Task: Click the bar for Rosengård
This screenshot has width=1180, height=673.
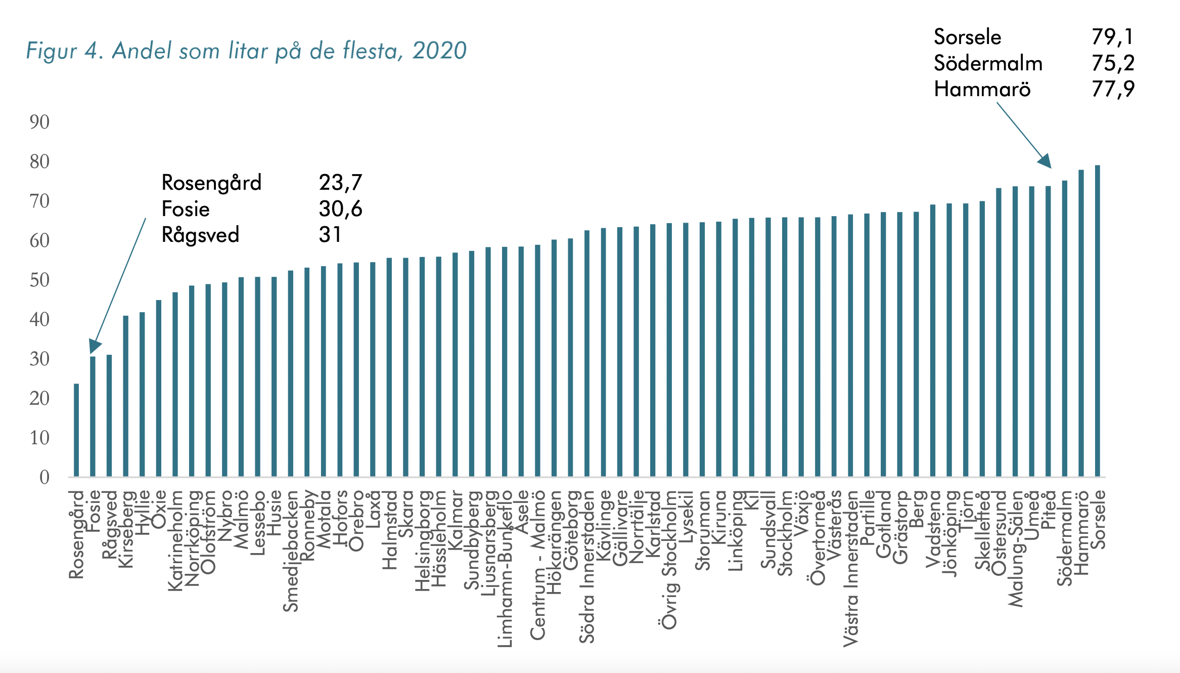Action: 76,430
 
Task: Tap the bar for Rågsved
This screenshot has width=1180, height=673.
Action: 109,415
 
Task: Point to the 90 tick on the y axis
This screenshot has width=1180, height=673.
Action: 39,122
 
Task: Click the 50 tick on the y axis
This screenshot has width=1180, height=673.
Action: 39,280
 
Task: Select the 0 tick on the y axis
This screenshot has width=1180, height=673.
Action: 44,477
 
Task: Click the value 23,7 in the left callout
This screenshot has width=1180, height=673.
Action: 340,183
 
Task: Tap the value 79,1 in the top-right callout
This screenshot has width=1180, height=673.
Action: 1112,37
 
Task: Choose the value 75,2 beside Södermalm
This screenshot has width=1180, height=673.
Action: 1112,63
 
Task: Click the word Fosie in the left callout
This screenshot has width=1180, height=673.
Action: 186,209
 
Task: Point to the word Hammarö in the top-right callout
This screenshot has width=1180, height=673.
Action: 982,90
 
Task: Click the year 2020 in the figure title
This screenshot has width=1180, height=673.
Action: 439,51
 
